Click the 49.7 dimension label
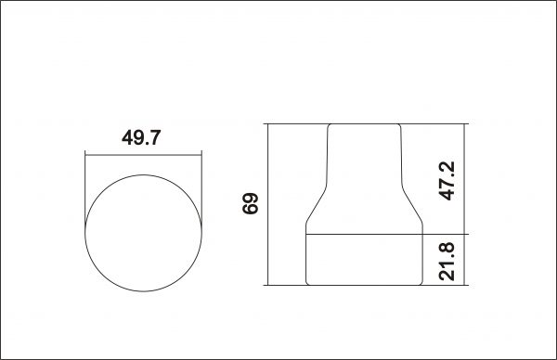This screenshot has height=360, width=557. (x=141, y=137)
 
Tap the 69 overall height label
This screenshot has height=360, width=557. (x=250, y=203)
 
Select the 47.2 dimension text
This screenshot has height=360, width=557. (x=447, y=181)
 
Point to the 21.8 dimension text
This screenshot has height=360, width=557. (x=447, y=262)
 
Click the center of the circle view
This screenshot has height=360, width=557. (x=144, y=233)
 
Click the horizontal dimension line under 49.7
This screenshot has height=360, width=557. (x=144, y=155)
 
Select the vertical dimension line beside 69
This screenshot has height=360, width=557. (x=268, y=204)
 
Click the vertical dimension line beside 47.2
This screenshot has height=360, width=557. (x=464, y=179)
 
